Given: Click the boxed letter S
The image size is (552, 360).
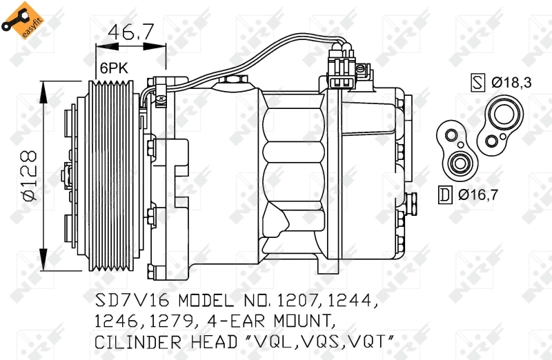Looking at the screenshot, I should pyautogui.click(x=477, y=83).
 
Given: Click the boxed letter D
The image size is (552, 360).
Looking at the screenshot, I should pyautogui.click(x=445, y=195).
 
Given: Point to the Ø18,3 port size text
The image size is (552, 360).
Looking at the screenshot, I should pyautogui.click(x=511, y=83).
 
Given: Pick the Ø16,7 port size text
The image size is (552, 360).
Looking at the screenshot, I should pyautogui.click(x=477, y=195).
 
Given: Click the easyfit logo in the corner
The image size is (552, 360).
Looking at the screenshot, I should pyautogui.click(x=19, y=19).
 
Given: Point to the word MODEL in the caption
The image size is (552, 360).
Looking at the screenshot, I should pyautogui.click(x=211, y=302).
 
